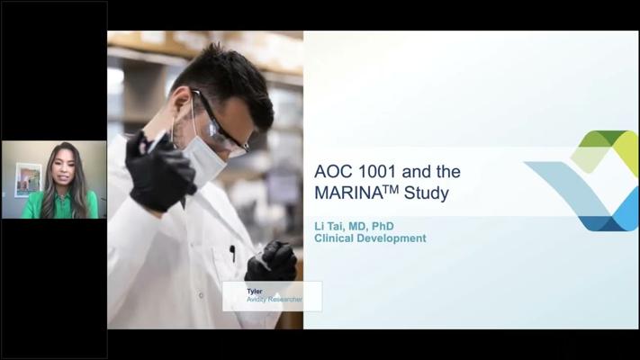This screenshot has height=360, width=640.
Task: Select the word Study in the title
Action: [426, 193]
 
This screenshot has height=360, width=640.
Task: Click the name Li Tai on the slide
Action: [329, 226]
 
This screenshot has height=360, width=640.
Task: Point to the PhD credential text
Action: [383, 226]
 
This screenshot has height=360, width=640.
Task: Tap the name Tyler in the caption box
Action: [254, 292]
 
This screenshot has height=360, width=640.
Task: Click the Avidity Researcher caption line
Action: [275, 299]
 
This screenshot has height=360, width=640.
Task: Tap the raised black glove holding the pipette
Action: [159, 171]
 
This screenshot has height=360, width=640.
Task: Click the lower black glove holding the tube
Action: [271, 261]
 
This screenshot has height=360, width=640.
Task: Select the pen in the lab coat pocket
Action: [232, 253]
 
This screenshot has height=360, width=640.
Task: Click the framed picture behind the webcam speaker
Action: [28, 180]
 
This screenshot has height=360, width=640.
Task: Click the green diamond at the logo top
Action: [603, 138]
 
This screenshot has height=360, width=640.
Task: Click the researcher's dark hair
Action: [229, 82]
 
